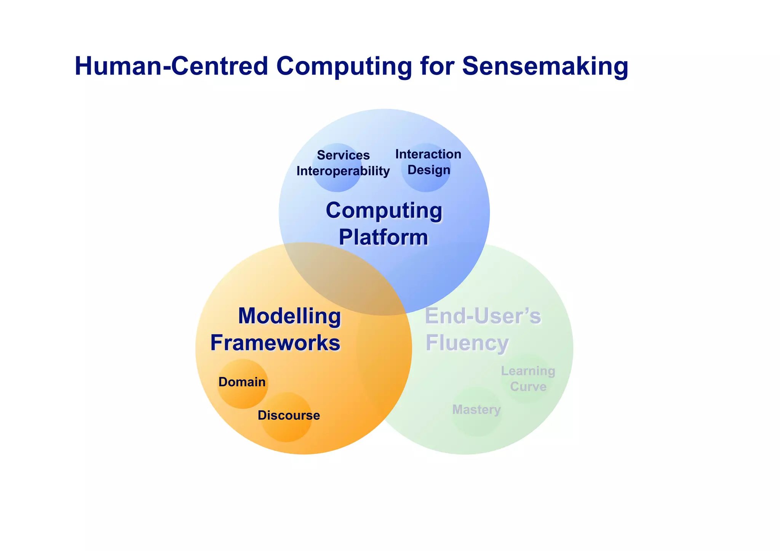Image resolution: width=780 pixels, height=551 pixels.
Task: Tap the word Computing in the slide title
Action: (x=344, y=66)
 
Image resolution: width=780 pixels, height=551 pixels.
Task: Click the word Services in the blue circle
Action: (x=343, y=155)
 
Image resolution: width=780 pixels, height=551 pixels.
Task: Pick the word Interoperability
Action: (x=343, y=171)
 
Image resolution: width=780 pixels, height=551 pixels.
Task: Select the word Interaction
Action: (x=428, y=154)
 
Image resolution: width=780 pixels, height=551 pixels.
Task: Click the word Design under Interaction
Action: (x=429, y=170)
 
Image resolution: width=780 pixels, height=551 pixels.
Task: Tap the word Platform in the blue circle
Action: (x=383, y=237)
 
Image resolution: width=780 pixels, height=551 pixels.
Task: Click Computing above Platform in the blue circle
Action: (x=384, y=210)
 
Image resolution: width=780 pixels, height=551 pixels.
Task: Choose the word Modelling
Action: (x=289, y=316)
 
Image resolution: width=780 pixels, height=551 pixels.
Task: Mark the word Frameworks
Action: (x=275, y=343)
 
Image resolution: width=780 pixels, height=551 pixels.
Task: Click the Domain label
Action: (x=242, y=382)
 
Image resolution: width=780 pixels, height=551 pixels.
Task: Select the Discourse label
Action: (x=289, y=415)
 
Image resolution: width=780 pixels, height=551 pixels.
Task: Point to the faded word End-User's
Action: (x=483, y=316)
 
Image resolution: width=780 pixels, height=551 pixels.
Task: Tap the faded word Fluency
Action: (x=467, y=343)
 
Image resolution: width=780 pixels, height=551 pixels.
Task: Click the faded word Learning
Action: (x=528, y=371)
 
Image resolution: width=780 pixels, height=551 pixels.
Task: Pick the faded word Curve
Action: (x=528, y=387)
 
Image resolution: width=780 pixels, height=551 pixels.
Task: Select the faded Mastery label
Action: (x=476, y=410)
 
